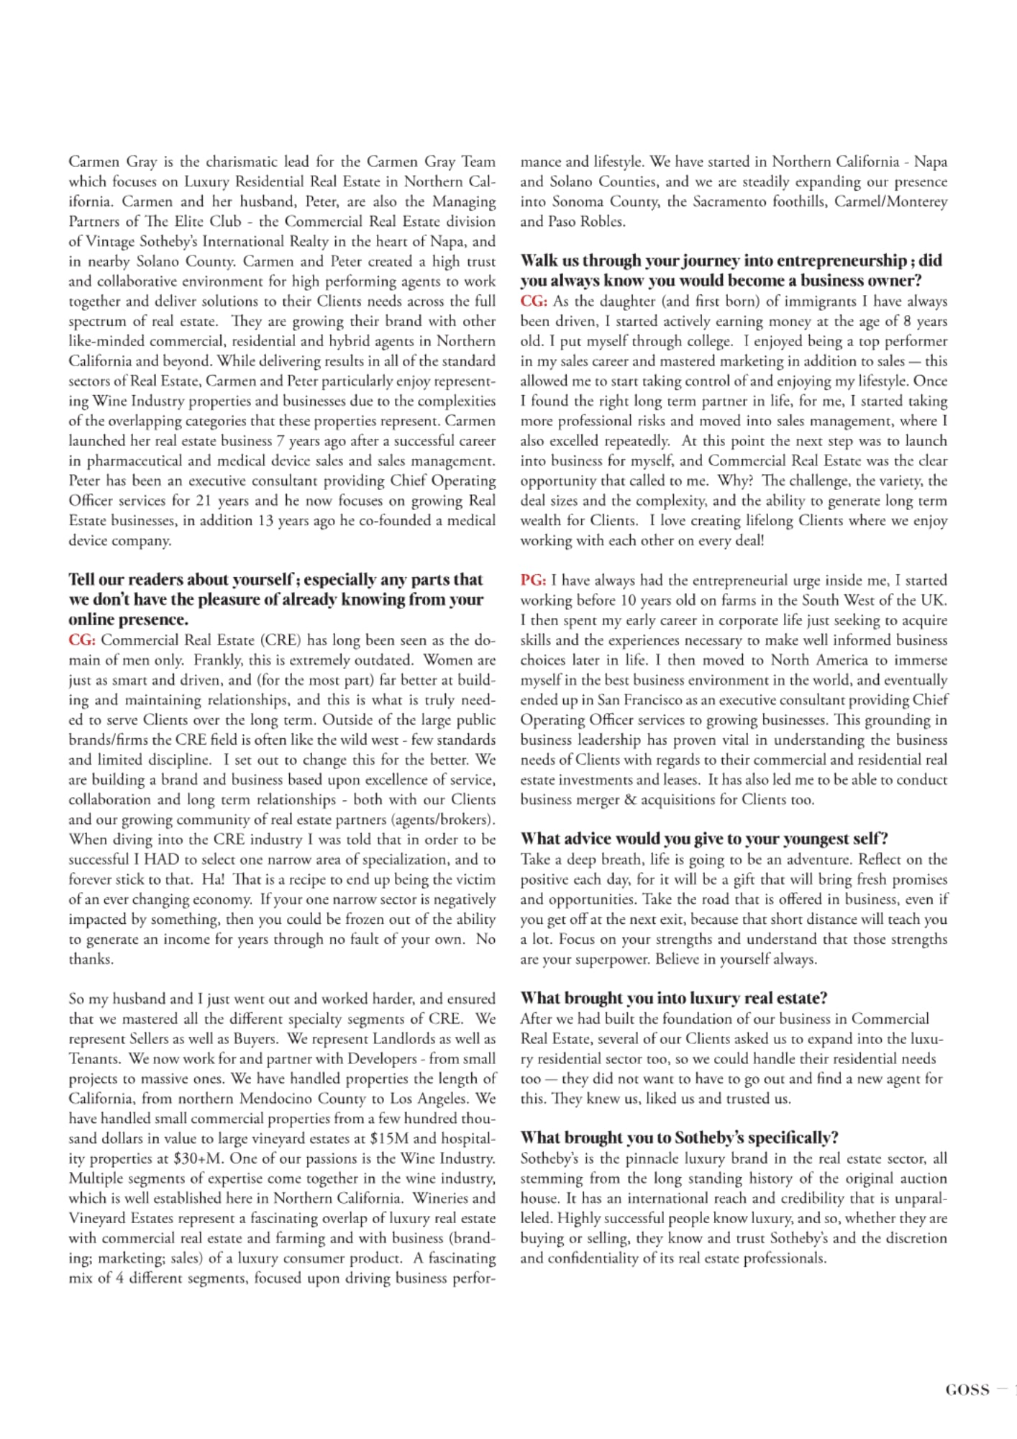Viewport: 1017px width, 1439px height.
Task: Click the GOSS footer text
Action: coord(967,1390)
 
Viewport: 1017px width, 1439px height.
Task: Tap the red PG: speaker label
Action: coord(533,580)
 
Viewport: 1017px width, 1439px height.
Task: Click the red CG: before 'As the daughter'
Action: coord(533,301)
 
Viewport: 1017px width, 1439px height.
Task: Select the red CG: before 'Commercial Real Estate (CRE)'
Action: coord(81,640)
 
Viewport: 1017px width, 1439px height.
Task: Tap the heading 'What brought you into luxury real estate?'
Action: coord(674,998)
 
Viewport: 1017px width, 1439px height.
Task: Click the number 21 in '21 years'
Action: coord(205,501)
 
